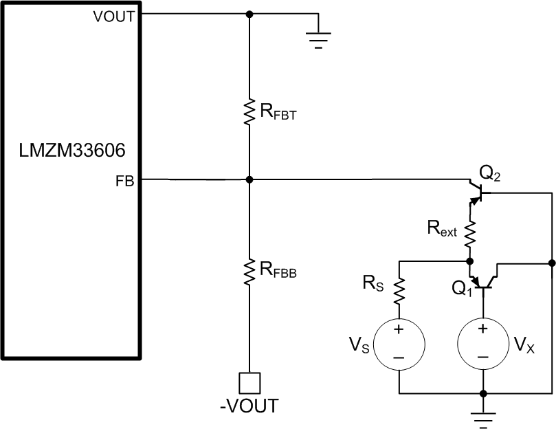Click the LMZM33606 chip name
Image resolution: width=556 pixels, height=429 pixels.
coord(71,149)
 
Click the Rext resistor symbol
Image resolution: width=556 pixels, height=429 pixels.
coord(471,234)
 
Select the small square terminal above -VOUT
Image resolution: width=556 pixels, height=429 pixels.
coord(249,382)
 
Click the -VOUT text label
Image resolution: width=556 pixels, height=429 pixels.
coord(249,406)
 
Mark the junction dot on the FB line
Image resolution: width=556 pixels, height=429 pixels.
coord(249,179)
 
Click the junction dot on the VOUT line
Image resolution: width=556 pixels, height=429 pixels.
coord(249,14)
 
